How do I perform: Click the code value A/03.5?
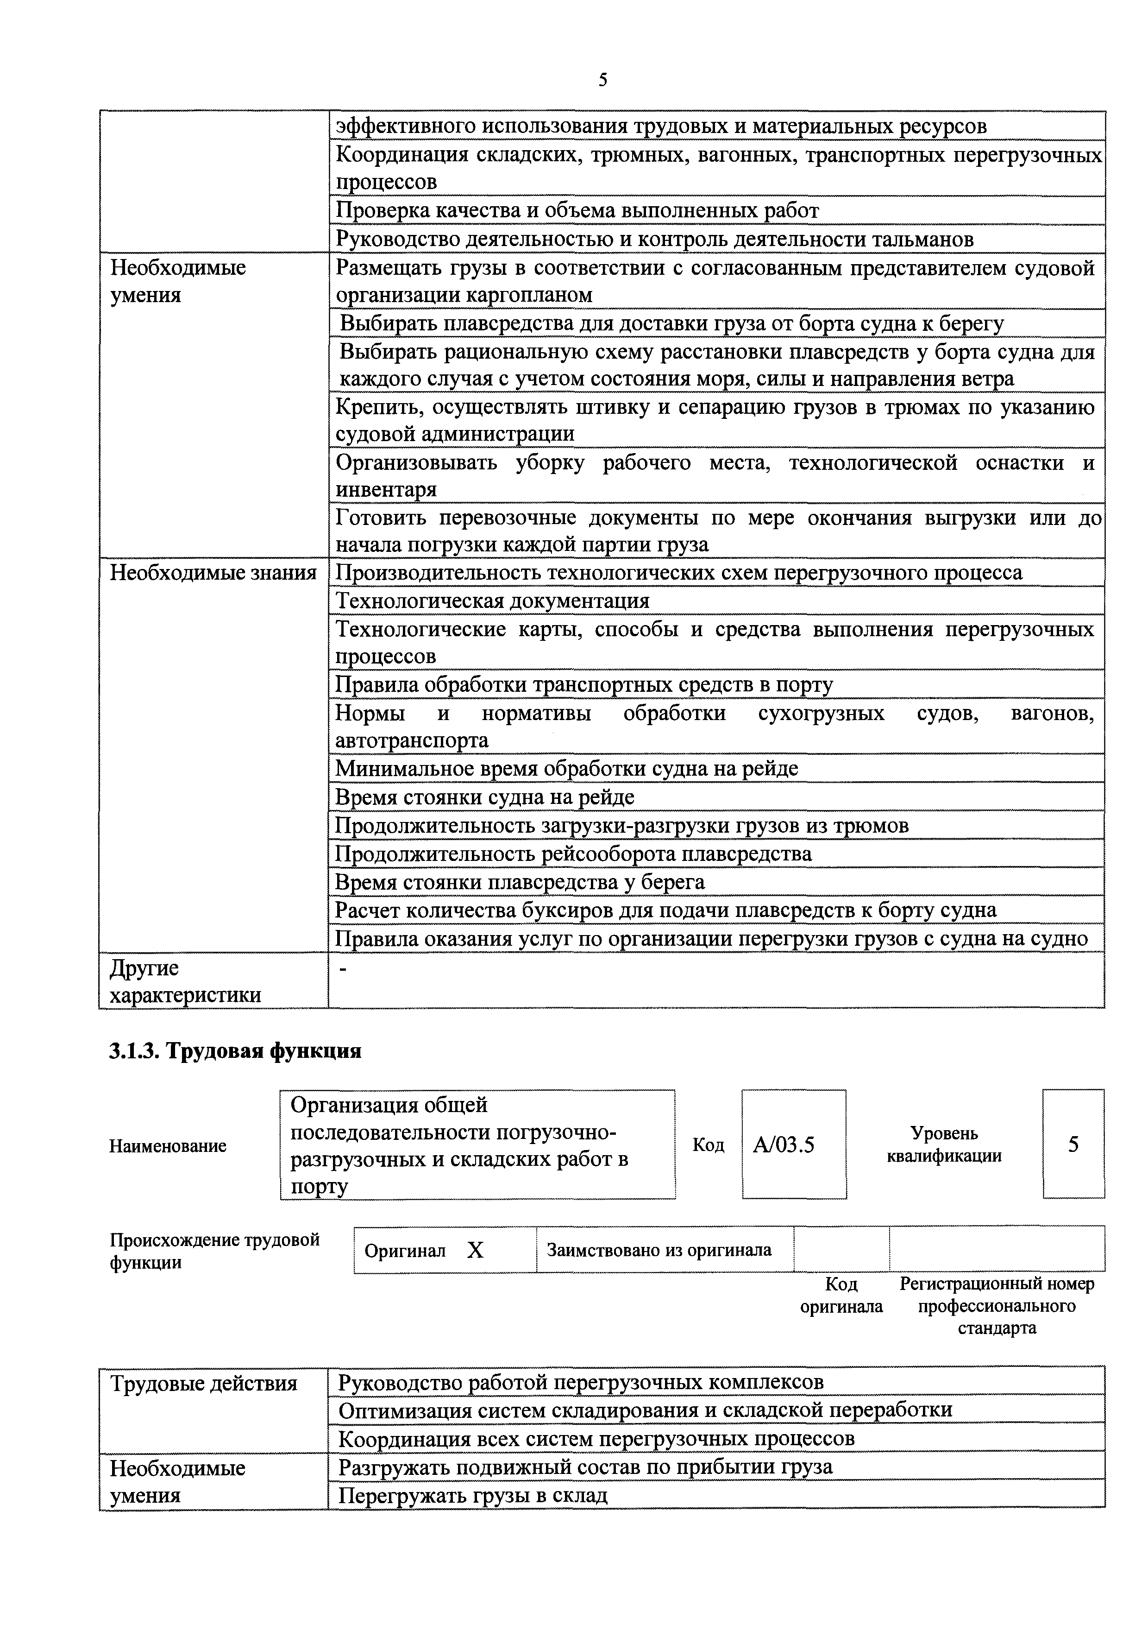click(784, 1144)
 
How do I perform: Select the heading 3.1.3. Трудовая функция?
click(235, 1051)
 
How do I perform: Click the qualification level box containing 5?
click(1073, 1144)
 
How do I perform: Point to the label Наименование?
click(168, 1146)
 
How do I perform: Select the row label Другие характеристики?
click(185, 981)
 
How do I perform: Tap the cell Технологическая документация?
click(492, 601)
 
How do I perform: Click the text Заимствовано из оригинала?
click(659, 1250)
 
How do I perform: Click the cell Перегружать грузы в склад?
click(472, 1495)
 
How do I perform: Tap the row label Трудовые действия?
click(204, 1384)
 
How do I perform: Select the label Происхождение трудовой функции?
click(214, 1251)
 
